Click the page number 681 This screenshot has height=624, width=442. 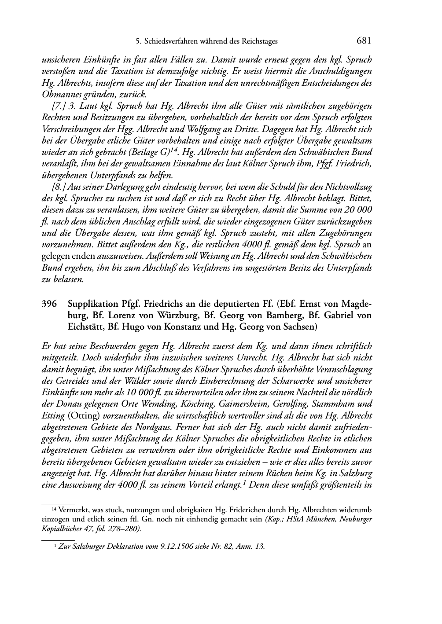(364, 41)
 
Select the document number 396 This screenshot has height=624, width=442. (48, 304)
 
